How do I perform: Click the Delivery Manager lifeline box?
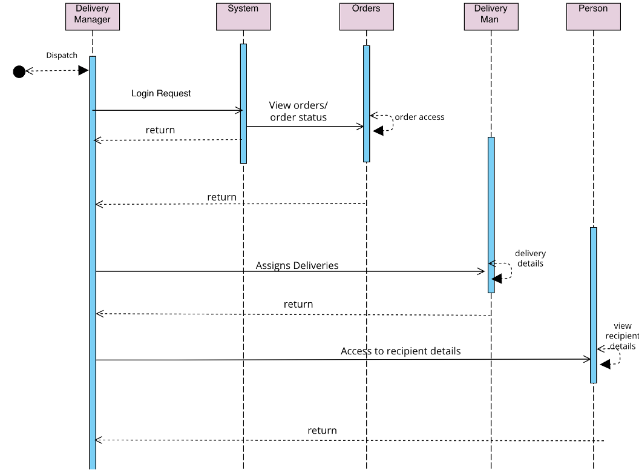pos(93,16)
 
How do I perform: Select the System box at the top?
pos(243,16)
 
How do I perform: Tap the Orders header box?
pos(366,16)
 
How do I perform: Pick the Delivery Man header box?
pos(491,16)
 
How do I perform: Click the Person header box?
pos(593,16)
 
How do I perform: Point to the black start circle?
pos(19,72)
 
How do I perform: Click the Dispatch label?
pos(62,55)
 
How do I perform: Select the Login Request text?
pos(161,93)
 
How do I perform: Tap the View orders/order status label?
pos(298,111)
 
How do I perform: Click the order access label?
pos(419,117)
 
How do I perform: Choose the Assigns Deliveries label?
pos(297,265)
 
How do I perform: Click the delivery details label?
pos(530,259)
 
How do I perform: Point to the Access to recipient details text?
pos(401,351)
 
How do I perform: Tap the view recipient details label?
pos(622,336)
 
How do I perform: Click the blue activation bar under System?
pos(243,103)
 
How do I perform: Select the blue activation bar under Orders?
pos(366,103)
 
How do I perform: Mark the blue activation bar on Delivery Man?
pos(491,214)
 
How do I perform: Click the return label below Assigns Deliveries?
pos(298,304)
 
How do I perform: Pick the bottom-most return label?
pos(322,431)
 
